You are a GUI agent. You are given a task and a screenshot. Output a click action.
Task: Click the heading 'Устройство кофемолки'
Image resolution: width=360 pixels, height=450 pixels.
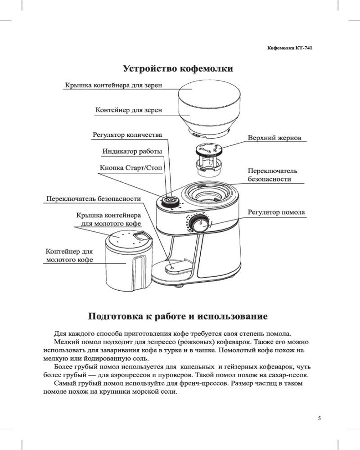coord(178,69)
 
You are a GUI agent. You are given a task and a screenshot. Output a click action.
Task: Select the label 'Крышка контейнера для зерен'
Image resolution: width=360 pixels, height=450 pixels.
coord(113,85)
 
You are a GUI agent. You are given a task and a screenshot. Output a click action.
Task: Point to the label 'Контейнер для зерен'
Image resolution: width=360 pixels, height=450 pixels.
coord(129,110)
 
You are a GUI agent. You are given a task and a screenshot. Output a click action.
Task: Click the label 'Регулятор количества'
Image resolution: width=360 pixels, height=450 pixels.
coord(127,135)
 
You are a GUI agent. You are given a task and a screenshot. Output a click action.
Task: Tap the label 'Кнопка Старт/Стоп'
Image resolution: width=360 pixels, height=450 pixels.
coord(130,168)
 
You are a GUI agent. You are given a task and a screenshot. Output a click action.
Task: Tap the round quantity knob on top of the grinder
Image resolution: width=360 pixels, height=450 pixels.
coord(170,200)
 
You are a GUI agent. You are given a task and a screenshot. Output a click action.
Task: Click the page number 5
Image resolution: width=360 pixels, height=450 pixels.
coord(319,418)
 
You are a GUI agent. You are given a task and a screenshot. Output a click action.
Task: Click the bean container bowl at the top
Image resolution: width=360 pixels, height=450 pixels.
coord(209,108)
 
